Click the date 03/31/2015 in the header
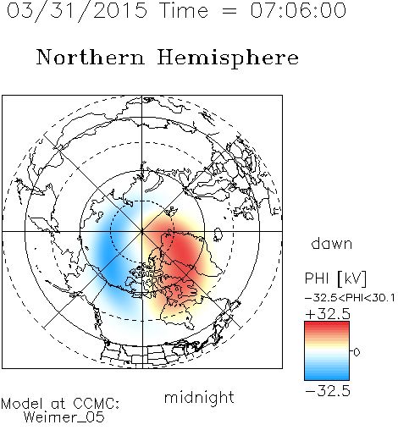tap(77, 11)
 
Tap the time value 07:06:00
tap(298, 11)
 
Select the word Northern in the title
tap(91, 57)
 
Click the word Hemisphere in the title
tap(228, 58)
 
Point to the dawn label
tap(332, 243)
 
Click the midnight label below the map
tap(199, 399)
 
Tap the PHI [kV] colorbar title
tap(335, 278)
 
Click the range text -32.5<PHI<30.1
tap(350, 298)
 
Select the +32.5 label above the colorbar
tap(328, 314)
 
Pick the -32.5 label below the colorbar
tap(328, 391)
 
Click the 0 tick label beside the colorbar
tap(357, 352)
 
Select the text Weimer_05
tap(64, 417)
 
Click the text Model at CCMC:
tap(60, 404)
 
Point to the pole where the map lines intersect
tap(142, 231)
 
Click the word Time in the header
tap(184, 11)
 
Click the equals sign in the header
tap(229, 12)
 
